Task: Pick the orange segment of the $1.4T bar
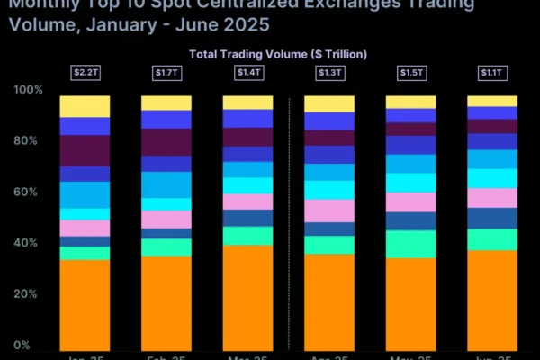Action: [247, 297]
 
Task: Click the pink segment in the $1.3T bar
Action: [329, 211]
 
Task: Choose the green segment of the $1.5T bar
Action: [410, 244]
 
